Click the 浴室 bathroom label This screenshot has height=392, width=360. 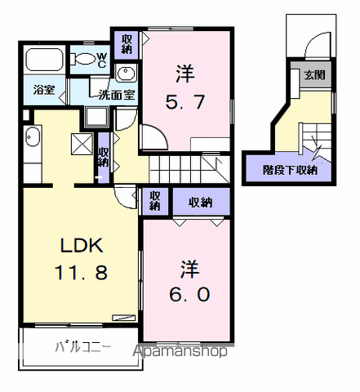click(x=45, y=90)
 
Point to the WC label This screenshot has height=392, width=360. click(x=101, y=60)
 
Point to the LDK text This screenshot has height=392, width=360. click(x=75, y=245)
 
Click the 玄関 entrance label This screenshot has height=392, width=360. click(x=313, y=75)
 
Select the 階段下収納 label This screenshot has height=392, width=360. click(x=291, y=170)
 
